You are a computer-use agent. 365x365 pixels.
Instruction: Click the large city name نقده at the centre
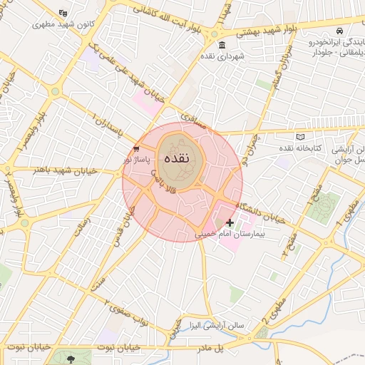175,158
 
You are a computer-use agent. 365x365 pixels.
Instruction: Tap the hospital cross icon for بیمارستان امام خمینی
230,223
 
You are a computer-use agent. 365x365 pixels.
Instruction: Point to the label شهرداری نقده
222,56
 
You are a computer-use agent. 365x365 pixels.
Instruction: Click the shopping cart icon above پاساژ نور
136,148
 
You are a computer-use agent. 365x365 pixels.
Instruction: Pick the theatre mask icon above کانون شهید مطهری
63,14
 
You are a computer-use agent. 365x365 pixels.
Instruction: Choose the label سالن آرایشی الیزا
212,325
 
